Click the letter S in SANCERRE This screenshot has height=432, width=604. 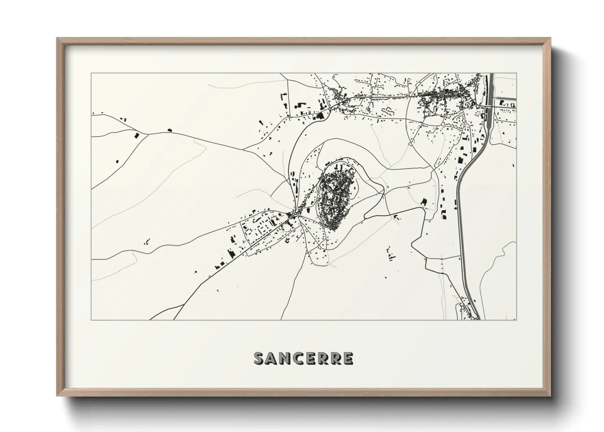coord(260,359)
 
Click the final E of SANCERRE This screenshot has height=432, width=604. coord(348,359)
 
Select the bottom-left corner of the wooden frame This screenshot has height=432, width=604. coord(58,396)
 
